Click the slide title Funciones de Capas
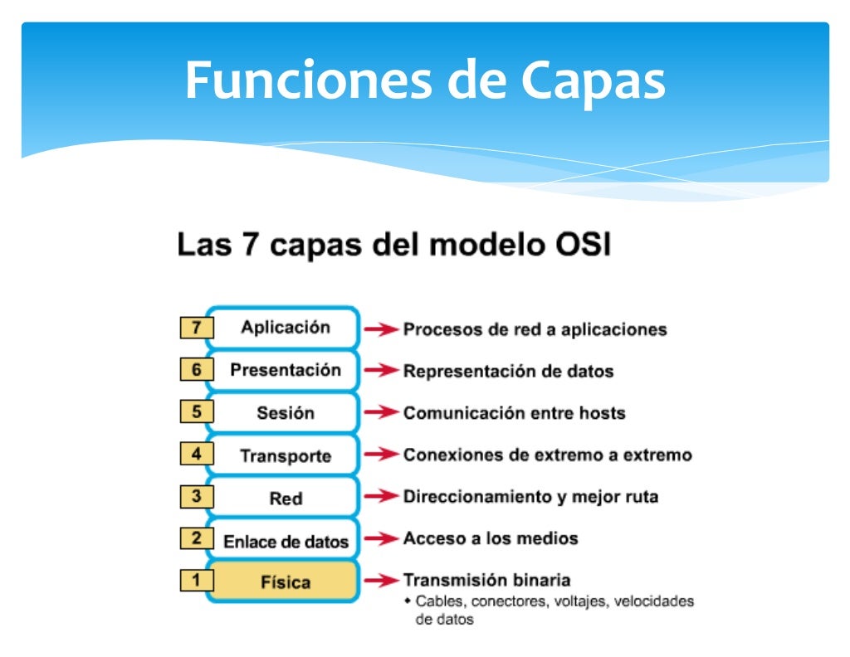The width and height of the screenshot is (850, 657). [x=425, y=80]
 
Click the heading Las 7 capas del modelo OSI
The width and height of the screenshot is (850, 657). [x=394, y=246]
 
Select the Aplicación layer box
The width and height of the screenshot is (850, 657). [x=285, y=328]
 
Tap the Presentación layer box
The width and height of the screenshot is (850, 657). [x=285, y=370]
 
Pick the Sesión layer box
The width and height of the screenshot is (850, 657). [x=285, y=413]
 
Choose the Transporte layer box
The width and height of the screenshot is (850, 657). [x=285, y=455]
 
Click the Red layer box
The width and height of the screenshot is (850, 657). [x=285, y=499]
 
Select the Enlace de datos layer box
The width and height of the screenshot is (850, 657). [x=285, y=542]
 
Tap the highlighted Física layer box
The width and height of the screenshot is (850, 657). [x=285, y=582]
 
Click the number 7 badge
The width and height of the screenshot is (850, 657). [x=197, y=328]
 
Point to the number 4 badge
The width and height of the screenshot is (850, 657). [x=197, y=455]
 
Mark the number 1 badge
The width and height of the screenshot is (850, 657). [x=197, y=581]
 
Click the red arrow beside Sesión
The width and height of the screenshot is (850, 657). [x=381, y=411]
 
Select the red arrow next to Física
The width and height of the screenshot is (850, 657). [x=381, y=580]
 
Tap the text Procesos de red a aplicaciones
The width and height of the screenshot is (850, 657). [x=535, y=329]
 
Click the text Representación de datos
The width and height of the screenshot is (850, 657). [x=508, y=371]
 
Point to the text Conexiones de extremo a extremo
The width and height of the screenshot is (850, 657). [x=547, y=455]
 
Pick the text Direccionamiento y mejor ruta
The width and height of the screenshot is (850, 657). [x=530, y=497]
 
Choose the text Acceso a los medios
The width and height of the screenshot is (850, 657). [x=491, y=538]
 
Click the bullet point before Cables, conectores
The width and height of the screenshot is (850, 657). [x=408, y=601]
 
